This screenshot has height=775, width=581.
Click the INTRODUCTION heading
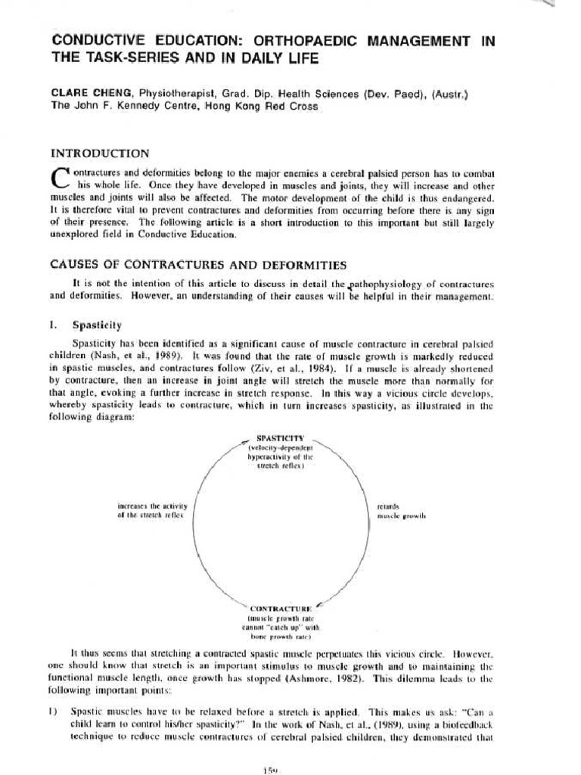tap(100, 153)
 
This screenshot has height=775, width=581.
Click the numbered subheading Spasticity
tap(96, 325)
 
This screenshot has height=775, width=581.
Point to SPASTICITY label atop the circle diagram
tap(279, 438)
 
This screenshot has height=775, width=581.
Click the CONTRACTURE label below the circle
tap(279, 608)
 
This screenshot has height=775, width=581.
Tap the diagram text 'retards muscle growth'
tap(401, 510)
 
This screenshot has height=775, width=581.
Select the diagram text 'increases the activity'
tap(151, 505)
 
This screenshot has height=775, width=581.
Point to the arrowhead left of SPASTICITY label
tap(243, 440)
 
